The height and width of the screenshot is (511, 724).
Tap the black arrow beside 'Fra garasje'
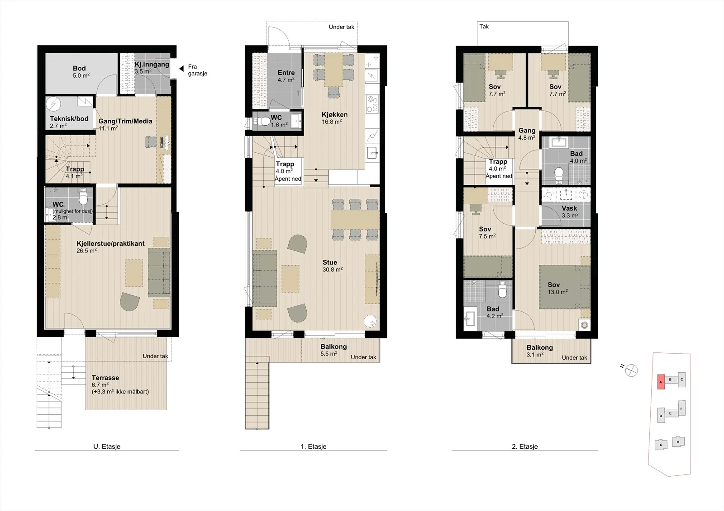coord(181,68)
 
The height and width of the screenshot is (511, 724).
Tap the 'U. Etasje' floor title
coord(107,446)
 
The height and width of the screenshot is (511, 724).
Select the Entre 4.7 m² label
coord(286,76)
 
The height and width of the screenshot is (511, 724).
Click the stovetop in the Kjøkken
coord(372,104)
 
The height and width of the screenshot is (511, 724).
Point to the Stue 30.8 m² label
coord(332,266)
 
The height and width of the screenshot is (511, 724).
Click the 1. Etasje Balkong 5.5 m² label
coord(333,350)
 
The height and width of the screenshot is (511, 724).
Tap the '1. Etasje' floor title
coord(314,446)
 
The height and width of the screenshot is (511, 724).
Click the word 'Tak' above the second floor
coord(484,27)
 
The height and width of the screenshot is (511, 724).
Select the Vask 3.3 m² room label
coord(570,212)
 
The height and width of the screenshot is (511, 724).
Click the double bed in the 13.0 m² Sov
coord(564,287)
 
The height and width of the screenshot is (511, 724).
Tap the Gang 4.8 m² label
coord(527,134)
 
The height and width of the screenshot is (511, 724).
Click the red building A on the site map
coord(661,382)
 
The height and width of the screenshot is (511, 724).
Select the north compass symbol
coord(631,370)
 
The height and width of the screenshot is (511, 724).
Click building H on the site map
coord(678,441)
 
